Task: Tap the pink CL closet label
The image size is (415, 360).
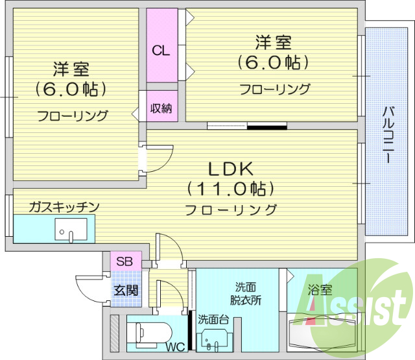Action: [x=161, y=51]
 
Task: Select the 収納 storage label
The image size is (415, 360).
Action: [x=161, y=108]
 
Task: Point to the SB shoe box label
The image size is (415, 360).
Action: [x=123, y=261]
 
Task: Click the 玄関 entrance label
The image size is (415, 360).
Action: [x=126, y=290]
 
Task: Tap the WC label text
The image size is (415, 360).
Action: [x=174, y=347]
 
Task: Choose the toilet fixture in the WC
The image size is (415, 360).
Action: [x=149, y=333]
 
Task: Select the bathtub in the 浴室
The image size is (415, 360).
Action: [x=322, y=333]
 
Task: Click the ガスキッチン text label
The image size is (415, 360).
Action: [x=64, y=207]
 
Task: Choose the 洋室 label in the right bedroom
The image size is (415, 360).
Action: [x=272, y=43]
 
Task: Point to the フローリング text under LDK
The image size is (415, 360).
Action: [x=230, y=210]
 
